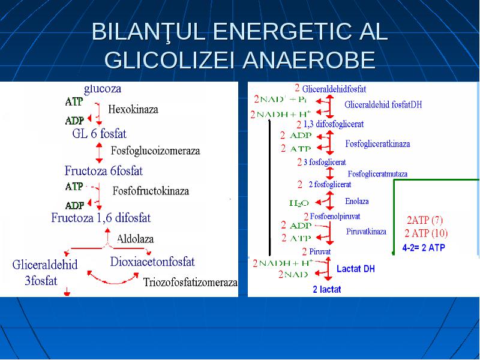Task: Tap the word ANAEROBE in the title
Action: [x=309, y=59]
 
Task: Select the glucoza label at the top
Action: [x=103, y=89]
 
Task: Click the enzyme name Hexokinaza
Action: [x=133, y=109]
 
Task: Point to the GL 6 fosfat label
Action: [x=99, y=133]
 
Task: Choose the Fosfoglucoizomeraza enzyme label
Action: [x=155, y=151]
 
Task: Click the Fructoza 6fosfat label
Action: [x=103, y=171]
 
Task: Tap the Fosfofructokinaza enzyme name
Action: [x=151, y=191]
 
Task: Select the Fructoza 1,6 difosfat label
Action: [x=101, y=218]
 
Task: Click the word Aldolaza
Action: [x=135, y=239]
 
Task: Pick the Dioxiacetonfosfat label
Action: [x=152, y=262]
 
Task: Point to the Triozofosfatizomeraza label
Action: [x=190, y=282]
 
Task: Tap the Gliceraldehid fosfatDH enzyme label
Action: [x=383, y=104]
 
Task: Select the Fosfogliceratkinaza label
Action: [x=377, y=143]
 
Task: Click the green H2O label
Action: [x=299, y=203]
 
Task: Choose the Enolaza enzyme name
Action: [x=356, y=201]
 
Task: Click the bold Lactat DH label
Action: [x=356, y=269]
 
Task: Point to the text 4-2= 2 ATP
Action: [x=424, y=248]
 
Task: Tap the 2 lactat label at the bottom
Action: [x=327, y=289]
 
